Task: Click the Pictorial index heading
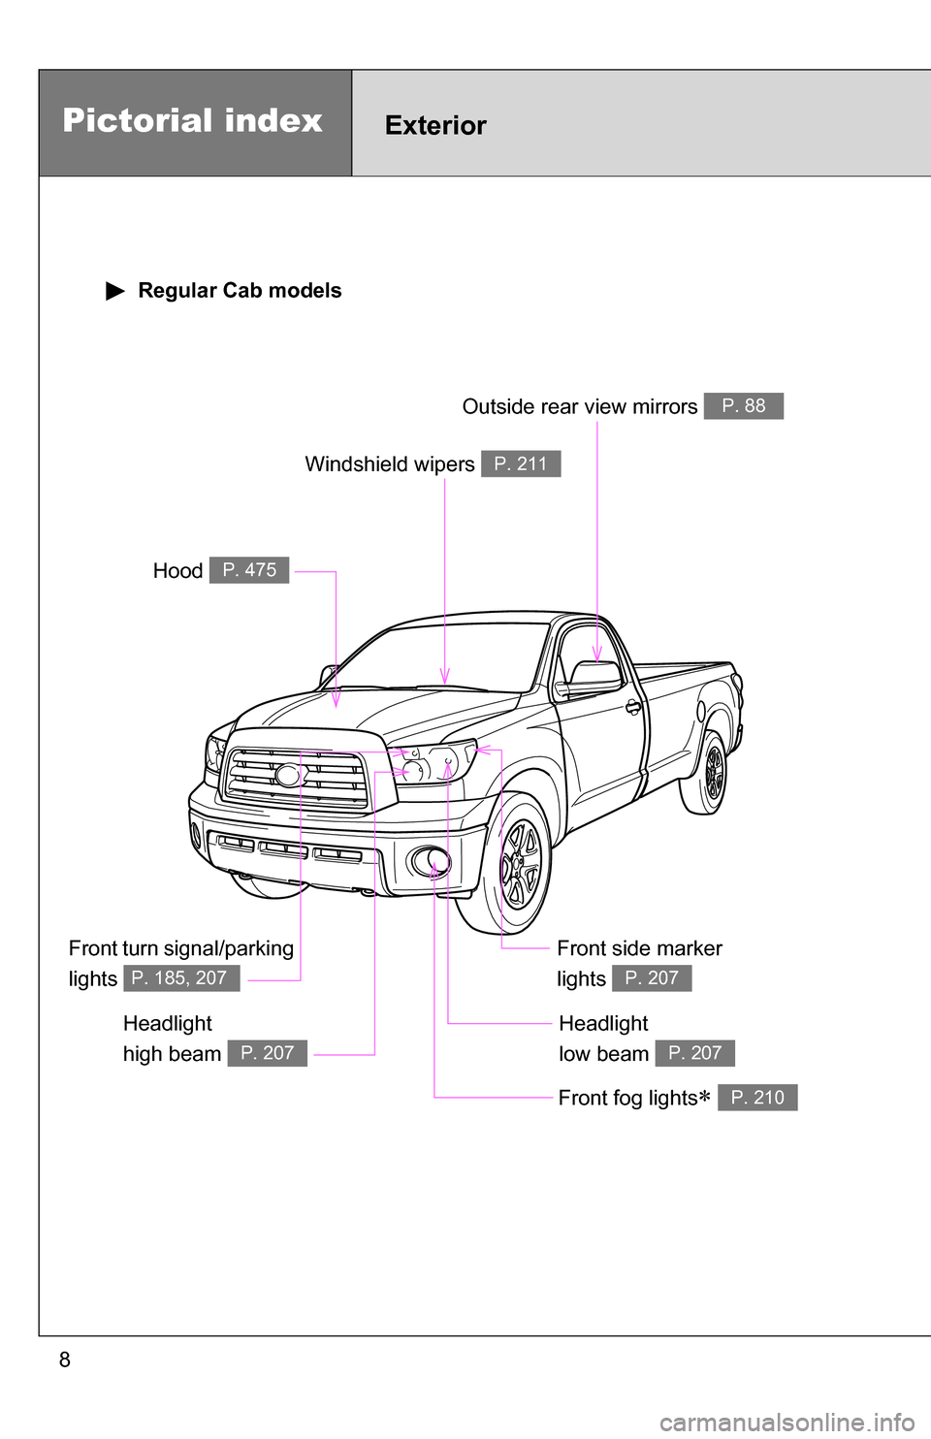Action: (192, 121)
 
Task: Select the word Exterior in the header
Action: (435, 126)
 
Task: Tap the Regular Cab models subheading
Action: (240, 291)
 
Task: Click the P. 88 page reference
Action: (744, 406)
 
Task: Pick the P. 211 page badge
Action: (521, 464)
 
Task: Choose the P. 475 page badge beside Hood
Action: (249, 570)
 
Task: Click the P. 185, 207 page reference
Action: (181, 978)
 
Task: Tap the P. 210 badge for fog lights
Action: (757, 1098)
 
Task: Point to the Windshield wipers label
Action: (390, 464)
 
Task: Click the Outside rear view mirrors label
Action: (580, 407)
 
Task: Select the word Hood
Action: (177, 571)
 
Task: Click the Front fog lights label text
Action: (627, 1098)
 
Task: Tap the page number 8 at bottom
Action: (65, 1359)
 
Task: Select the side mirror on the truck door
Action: (594, 674)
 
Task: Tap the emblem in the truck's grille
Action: (289, 775)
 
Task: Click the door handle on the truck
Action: (633, 707)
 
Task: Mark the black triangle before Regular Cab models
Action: (115, 291)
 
